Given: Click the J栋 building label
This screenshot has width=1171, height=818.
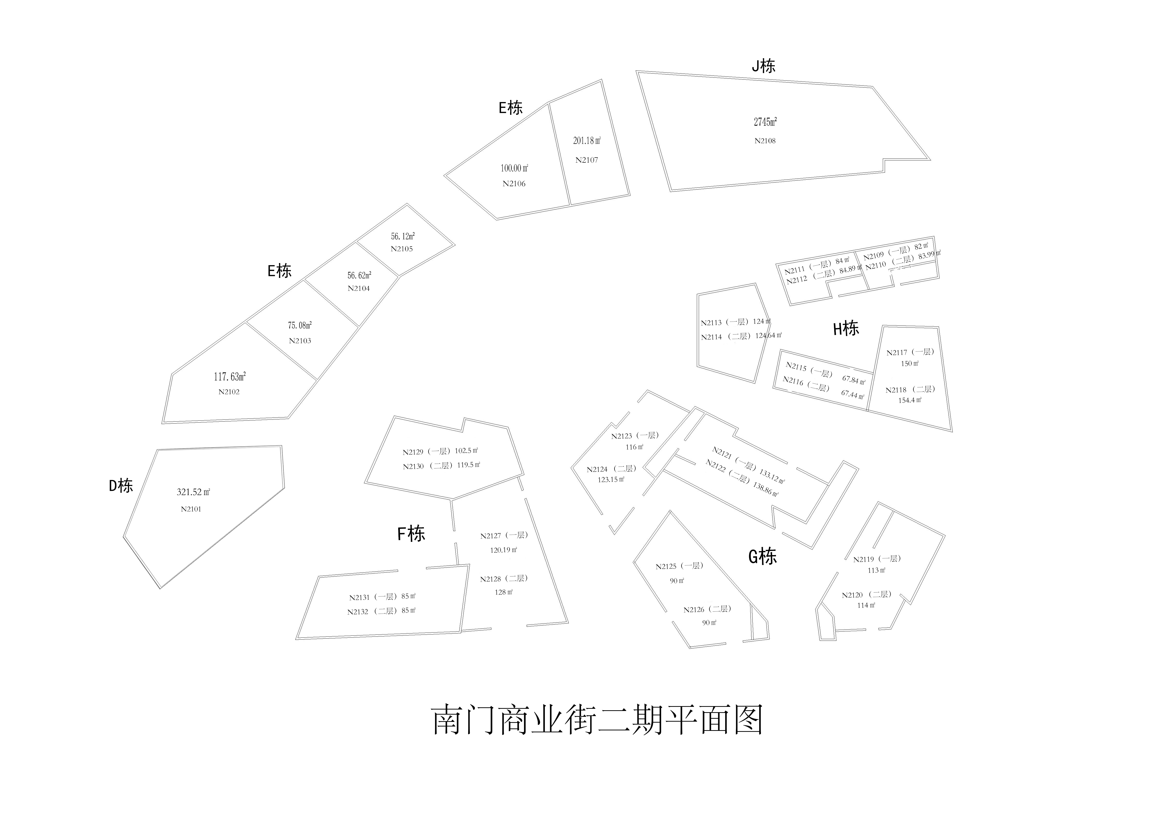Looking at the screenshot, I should [764, 66].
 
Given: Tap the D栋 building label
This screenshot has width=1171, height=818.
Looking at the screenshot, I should [121, 485].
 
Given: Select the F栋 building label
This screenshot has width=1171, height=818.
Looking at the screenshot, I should [411, 534].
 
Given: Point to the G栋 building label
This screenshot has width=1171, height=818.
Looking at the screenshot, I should [762, 556].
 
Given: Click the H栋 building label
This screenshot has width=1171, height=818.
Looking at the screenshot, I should [846, 328].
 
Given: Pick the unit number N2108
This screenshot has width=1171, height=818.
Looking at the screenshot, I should [765, 141].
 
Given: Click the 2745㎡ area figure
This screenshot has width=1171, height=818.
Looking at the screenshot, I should [765, 122].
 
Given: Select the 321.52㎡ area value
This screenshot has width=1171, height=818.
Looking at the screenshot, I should [193, 492].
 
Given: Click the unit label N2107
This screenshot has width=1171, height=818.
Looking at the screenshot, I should [587, 160].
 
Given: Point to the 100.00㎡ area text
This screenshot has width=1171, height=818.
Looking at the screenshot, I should [514, 168].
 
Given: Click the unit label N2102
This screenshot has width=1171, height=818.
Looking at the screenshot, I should [229, 392].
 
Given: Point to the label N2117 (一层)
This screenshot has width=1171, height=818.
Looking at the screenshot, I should [910, 352].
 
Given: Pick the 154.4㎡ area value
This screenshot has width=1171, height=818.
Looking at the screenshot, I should [910, 400].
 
